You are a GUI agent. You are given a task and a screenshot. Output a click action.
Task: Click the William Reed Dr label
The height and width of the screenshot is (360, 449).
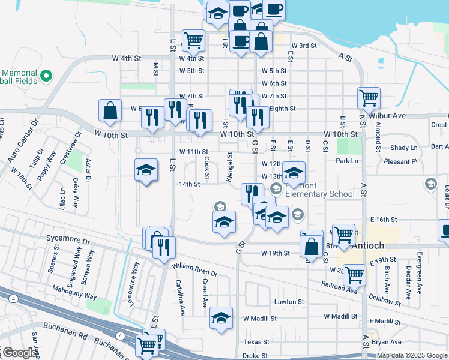point(194,268)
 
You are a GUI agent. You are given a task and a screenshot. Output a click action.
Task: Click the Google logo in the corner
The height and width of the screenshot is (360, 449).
point(19,353)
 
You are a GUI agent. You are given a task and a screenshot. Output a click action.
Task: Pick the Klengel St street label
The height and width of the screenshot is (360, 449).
point(229,163)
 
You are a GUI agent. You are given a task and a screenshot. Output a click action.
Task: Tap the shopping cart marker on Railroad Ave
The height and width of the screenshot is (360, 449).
point(354,275)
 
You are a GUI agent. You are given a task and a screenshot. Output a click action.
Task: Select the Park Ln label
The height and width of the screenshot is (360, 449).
point(347,161)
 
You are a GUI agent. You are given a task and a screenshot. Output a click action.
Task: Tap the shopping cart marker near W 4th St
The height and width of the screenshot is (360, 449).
point(193,40)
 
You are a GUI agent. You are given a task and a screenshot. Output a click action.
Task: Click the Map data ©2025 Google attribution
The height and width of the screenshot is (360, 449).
point(412,355)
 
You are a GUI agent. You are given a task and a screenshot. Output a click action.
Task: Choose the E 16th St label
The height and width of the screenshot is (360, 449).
point(384,220)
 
